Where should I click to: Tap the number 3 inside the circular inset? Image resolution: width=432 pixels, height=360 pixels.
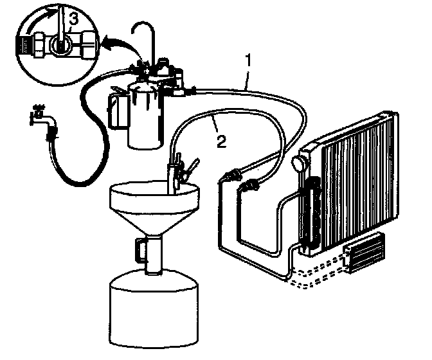[74, 19]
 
